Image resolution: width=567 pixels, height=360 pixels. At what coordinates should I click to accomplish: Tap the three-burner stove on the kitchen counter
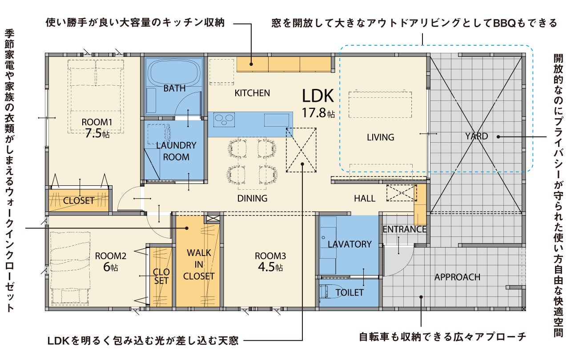point(224,120)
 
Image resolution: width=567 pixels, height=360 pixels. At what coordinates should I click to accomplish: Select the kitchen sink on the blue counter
point(277,120)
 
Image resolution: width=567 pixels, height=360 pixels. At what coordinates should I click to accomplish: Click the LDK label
point(318,96)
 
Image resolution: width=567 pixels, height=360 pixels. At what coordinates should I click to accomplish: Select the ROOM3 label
point(270,256)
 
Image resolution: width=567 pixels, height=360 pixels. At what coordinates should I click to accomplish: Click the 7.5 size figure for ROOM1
point(93,133)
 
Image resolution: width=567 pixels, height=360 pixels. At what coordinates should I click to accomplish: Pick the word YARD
point(476,136)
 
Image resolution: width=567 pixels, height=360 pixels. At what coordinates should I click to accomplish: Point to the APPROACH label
point(457,277)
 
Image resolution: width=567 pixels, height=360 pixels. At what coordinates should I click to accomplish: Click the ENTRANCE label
point(404,229)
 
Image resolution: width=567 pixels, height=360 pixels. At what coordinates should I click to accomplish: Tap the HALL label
point(365,198)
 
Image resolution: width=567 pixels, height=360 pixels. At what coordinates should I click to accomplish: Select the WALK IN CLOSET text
point(199,264)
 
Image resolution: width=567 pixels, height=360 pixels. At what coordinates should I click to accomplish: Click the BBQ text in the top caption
point(504,23)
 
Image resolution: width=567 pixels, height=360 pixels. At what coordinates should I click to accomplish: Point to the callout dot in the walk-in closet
point(187,228)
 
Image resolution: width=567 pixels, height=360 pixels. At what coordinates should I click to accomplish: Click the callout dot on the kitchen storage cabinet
point(251,64)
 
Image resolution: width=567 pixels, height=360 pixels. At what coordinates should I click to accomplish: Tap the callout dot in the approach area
point(421,297)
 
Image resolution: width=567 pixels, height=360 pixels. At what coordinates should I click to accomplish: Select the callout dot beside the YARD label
point(498,137)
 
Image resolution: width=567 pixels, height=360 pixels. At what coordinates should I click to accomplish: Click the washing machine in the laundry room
point(159,134)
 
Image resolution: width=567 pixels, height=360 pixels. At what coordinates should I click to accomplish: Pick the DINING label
point(252,198)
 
